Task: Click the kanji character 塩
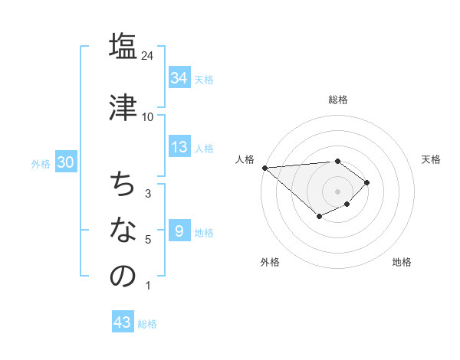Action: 123,46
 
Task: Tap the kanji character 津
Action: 123,106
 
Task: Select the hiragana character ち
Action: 123,185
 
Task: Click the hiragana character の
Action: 123,277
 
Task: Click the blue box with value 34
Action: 179,78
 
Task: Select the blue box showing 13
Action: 179,148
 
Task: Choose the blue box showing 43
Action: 122,322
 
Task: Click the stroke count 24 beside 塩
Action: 148,56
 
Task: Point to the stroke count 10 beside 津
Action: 148,117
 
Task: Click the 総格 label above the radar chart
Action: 337,100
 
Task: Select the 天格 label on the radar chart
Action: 431,159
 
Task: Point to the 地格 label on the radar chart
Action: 402,262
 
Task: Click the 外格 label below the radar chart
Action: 270,262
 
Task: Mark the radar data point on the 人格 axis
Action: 264,167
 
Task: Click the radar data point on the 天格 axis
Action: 367,182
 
